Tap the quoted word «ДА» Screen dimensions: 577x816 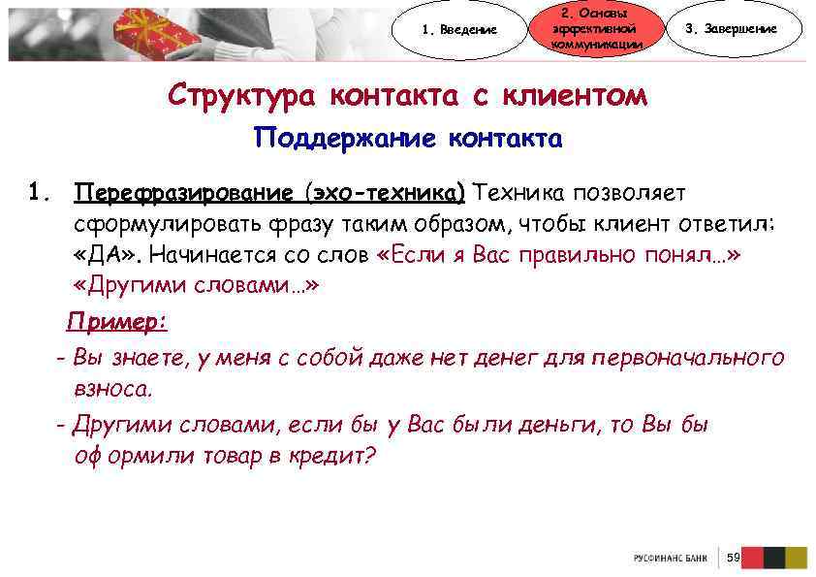tap(107, 255)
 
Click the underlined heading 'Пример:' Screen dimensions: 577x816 tap(117, 321)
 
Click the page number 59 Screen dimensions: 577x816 tap(733, 558)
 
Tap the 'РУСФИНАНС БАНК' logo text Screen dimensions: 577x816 tap(670, 559)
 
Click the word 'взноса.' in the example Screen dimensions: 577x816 tap(113, 390)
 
